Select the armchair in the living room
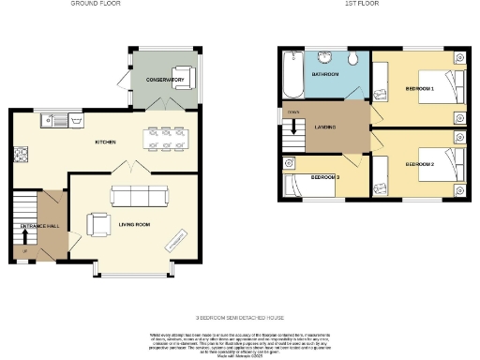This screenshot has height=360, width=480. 97,225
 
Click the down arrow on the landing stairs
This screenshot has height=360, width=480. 296,125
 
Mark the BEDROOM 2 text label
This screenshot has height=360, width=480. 419,164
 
